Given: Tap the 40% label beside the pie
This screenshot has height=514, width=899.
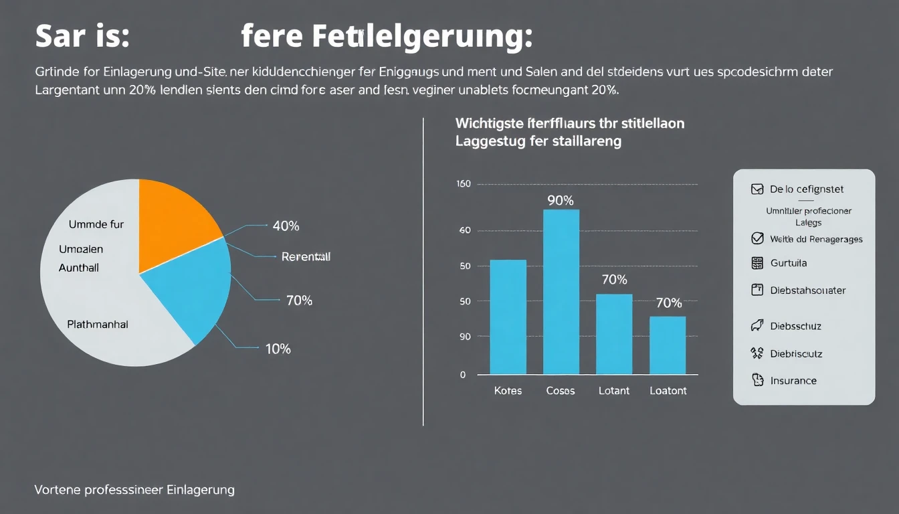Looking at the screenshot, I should tap(286, 226).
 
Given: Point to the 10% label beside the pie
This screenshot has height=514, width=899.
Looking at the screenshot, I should tap(277, 349).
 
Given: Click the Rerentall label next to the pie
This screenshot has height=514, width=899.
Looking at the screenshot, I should tap(306, 256).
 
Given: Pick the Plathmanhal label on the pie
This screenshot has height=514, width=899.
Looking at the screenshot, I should tap(98, 325).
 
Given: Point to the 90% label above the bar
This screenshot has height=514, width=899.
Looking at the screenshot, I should tap(561, 200).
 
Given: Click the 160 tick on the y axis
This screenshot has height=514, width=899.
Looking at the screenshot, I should tap(464, 184).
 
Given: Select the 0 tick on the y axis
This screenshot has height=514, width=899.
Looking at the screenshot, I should tap(463, 375).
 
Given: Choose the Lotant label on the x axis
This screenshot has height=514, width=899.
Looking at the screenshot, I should tap(613, 391).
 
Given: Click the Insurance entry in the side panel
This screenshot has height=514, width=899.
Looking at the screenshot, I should tap(793, 381).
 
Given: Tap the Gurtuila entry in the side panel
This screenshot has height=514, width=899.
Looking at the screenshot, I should tap(788, 263).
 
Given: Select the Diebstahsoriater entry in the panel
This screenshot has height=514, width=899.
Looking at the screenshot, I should tap(807, 290).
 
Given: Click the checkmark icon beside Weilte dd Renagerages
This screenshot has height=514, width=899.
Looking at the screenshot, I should tap(757, 238).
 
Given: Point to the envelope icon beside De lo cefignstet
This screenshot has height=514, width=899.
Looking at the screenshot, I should tap(757, 189).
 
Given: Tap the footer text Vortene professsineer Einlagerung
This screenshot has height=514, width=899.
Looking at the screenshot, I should tap(134, 490).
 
